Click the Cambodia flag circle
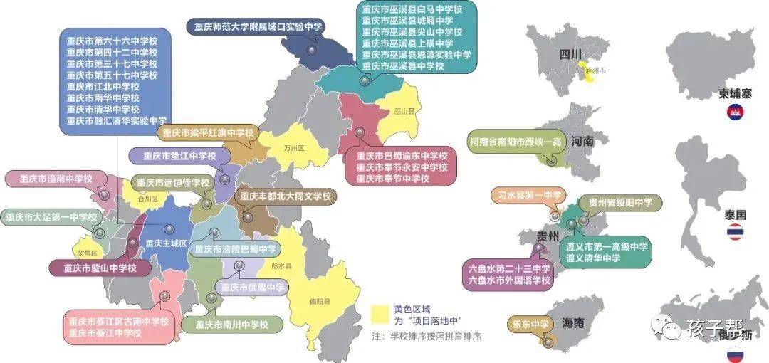click(x=734, y=112)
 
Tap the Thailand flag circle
click(x=734, y=231)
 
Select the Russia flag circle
click(x=734, y=354)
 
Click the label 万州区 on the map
click(x=293, y=149)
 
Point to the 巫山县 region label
click(x=404, y=112)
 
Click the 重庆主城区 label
click(x=165, y=243)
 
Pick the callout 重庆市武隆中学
click(x=253, y=288)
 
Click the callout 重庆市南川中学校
click(x=232, y=325)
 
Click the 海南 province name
click(x=573, y=322)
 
